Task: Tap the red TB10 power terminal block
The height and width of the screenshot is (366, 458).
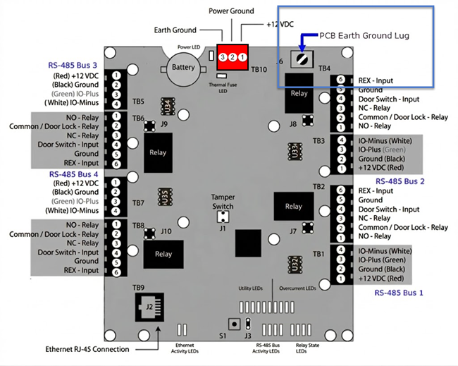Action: pos(233,56)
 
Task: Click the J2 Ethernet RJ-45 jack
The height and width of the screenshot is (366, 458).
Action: pos(149,307)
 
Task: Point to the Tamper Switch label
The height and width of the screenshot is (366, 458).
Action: pos(223,202)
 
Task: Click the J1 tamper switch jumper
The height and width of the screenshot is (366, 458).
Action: pos(223,219)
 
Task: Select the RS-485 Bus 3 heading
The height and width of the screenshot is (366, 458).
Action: pos(74,66)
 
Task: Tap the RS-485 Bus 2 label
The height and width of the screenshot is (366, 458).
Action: pos(400,181)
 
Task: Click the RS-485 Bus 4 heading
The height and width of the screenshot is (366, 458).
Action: pos(74,173)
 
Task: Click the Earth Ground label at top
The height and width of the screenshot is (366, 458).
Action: pos(176,30)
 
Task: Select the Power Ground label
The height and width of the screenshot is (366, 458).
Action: pos(232,11)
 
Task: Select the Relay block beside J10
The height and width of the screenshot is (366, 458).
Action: pos(163,254)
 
